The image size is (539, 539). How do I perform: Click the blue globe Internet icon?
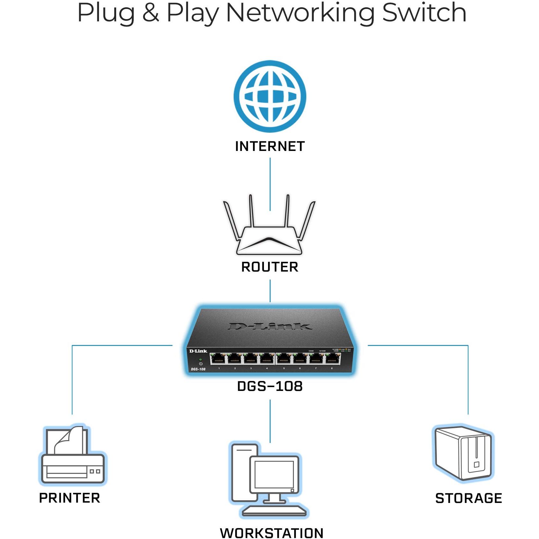[270, 96]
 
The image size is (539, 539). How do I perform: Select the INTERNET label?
[270, 146]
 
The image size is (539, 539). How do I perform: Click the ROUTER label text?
[270, 267]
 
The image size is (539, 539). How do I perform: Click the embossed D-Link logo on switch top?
[270, 326]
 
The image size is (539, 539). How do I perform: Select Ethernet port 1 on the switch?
[218, 359]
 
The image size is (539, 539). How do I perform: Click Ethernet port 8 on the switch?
[332, 359]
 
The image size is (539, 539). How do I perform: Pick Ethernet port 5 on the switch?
[283, 359]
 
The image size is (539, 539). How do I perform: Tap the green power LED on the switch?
[200, 359]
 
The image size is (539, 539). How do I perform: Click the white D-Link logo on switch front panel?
[198, 351]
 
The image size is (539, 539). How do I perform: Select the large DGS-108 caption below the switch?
[270, 386]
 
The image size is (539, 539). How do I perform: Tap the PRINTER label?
[70, 498]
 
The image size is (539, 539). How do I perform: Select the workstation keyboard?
[274, 511]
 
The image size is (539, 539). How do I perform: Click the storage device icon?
[463, 453]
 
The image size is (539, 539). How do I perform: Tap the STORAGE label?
[468, 498]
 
